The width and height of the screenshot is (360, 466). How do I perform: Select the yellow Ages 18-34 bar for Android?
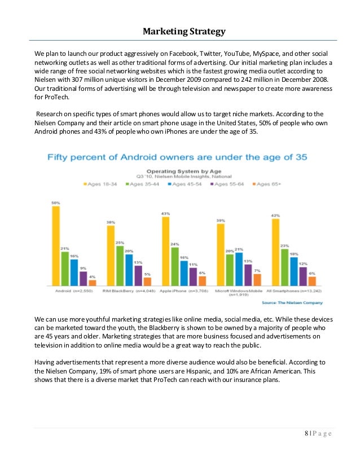coord(56,245)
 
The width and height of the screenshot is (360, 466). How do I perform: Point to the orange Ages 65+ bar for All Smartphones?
coord(311,280)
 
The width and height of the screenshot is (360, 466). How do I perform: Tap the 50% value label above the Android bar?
coord(56,203)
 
